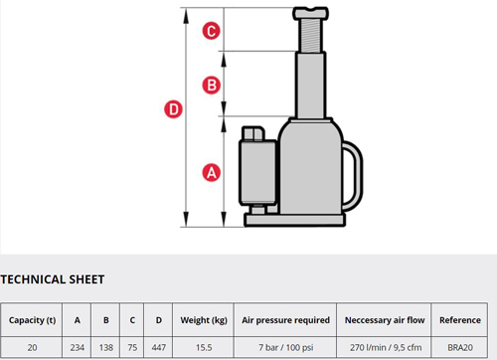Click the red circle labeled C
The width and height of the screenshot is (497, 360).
(211, 31)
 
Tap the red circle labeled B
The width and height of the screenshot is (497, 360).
(211, 85)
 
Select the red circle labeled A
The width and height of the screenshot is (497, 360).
(211, 173)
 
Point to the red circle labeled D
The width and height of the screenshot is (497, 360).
(173, 109)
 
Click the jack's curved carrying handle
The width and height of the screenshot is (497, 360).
(359, 176)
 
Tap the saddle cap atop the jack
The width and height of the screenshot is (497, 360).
(310, 13)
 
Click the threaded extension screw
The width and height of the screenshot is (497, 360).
(311, 36)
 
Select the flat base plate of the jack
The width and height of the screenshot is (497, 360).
(295, 220)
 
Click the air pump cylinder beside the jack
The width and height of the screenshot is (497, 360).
(257, 172)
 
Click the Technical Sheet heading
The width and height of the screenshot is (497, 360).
(53, 279)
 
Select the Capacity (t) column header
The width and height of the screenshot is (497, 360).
(32, 320)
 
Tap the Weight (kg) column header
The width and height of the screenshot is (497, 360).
(204, 320)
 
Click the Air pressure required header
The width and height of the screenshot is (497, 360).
(285, 320)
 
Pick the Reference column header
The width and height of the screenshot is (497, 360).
(460, 320)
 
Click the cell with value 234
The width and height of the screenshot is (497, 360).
(78, 347)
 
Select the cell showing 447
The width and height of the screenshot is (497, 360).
(159, 347)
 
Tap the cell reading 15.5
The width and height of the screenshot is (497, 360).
(204, 347)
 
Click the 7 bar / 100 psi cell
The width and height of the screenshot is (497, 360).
(285, 347)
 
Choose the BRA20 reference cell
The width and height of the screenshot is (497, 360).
(460, 347)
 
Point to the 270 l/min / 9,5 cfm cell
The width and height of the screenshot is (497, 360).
(386, 347)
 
